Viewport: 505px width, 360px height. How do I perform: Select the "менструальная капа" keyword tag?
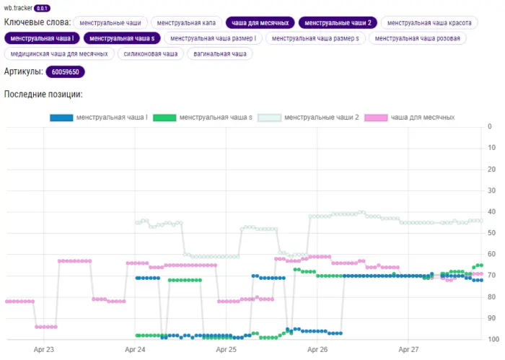(187, 23)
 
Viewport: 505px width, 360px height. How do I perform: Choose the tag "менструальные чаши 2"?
(337, 23)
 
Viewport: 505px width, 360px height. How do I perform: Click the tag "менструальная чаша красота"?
(423, 23)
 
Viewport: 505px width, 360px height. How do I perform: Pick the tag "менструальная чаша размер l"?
(213, 38)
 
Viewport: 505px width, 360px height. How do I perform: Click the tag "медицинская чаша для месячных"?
(59, 53)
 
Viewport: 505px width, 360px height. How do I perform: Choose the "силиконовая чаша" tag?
(150, 53)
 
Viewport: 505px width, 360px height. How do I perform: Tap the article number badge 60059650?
(66, 72)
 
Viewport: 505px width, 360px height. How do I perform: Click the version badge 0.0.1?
(43, 8)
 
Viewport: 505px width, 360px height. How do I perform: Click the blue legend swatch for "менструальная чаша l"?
(61, 117)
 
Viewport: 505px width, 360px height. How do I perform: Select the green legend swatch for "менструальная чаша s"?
(164, 117)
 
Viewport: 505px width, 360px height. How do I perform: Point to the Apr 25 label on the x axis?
(227, 348)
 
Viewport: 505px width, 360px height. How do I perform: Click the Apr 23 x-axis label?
(44, 348)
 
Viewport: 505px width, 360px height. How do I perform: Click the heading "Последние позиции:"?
(43, 95)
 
